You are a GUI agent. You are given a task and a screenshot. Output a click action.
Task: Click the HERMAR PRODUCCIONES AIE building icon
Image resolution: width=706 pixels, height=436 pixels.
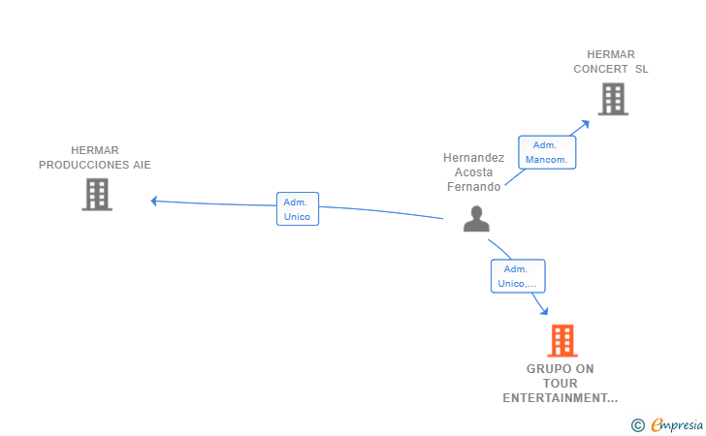97,195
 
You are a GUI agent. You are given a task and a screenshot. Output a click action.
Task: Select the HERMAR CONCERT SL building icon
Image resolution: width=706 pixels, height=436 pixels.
613,99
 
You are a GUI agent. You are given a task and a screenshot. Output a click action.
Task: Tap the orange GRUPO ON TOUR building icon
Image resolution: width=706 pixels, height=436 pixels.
562,341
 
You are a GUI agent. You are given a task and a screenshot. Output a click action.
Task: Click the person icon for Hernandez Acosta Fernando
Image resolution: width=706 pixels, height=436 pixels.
476,219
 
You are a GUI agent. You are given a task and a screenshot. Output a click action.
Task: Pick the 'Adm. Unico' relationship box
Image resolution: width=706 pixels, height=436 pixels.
298,208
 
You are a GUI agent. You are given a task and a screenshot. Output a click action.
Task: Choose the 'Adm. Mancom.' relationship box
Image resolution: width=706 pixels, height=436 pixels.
547,152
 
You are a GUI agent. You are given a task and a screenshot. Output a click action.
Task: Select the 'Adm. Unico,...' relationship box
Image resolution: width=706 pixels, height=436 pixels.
518,276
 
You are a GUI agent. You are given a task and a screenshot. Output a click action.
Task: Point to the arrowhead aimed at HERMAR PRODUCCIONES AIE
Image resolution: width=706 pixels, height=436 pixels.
153,201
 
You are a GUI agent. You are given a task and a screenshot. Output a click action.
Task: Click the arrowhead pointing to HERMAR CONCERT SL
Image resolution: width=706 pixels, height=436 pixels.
586,123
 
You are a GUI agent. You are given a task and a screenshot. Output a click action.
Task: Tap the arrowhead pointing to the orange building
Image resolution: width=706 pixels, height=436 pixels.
544,310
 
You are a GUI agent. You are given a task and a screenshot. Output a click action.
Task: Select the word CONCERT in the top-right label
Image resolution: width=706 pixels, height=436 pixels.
600,69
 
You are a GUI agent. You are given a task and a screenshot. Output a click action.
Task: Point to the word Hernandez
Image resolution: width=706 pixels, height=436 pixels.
473,158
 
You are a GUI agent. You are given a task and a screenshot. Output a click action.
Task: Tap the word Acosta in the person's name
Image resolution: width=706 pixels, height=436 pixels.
473,172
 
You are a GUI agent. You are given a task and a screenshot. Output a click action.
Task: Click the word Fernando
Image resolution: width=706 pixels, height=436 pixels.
473,187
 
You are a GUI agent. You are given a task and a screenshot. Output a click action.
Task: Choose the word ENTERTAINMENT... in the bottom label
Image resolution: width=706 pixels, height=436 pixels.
561,398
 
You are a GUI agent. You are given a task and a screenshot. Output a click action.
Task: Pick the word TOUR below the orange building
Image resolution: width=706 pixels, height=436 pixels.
561,384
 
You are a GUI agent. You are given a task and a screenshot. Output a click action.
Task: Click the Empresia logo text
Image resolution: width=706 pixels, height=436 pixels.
677,424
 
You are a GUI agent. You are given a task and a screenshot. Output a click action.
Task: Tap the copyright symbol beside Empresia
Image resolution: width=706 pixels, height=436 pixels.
638,425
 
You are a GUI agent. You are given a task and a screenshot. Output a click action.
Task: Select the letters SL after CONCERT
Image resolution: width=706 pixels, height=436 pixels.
642,69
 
